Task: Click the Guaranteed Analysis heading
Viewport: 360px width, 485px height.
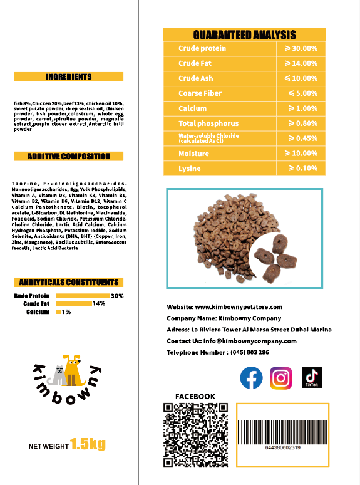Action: (244, 35)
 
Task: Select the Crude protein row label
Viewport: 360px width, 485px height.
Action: (202, 48)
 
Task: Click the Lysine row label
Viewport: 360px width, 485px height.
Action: (189, 169)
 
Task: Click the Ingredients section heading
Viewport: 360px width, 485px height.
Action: (69, 77)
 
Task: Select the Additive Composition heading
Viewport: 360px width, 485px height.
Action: (69, 156)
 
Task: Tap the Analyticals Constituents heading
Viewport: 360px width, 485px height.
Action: (69, 283)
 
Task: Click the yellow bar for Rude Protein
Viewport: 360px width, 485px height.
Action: (83, 296)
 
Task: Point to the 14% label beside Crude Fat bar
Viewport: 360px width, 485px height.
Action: (98, 303)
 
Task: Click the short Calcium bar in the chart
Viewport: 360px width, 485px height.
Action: (59, 311)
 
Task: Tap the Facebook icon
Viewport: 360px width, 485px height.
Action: (252, 378)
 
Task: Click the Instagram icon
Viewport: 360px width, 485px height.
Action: (281, 378)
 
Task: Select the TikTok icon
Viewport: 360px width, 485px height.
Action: (312, 377)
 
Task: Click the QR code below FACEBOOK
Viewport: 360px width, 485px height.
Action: (195, 434)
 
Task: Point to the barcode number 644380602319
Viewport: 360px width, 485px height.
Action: (282, 447)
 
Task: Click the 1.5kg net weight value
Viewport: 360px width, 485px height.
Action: (88, 445)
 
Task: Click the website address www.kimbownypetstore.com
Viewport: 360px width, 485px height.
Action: (239, 307)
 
